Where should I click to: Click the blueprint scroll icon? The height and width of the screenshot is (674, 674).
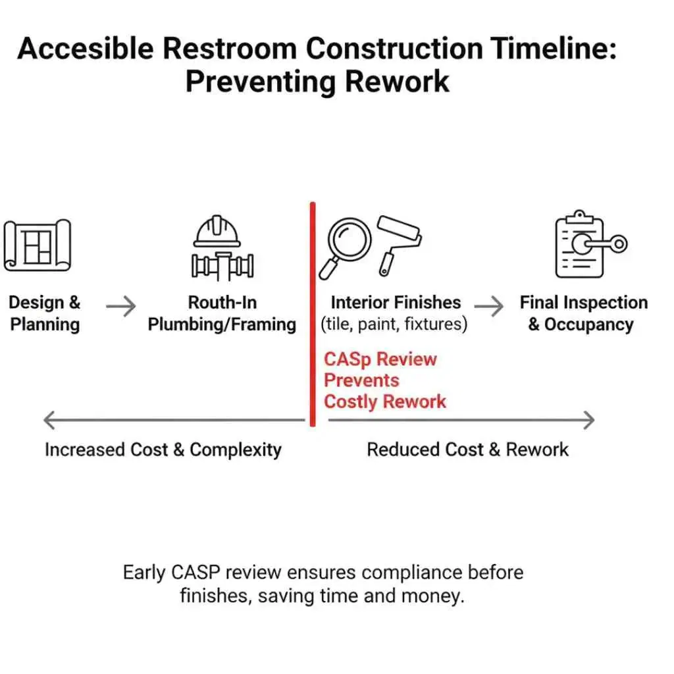tap(38, 245)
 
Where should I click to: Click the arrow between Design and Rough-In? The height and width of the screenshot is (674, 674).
tap(121, 306)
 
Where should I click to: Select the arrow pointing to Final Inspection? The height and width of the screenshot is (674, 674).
tap(489, 306)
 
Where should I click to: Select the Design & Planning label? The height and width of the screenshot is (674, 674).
tap(45, 313)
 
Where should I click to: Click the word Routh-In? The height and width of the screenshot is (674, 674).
tap(222, 303)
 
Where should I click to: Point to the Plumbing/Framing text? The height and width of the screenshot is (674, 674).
tap(222, 324)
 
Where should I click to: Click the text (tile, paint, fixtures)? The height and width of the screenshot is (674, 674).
tap(394, 324)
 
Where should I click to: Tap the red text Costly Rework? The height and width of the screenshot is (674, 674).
tap(385, 402)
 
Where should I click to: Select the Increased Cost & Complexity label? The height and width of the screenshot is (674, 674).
tap(163, 450)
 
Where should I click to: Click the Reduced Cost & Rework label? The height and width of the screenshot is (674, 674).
tap(467, 450)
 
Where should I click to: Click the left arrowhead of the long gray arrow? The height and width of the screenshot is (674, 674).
tap(48, 420)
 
